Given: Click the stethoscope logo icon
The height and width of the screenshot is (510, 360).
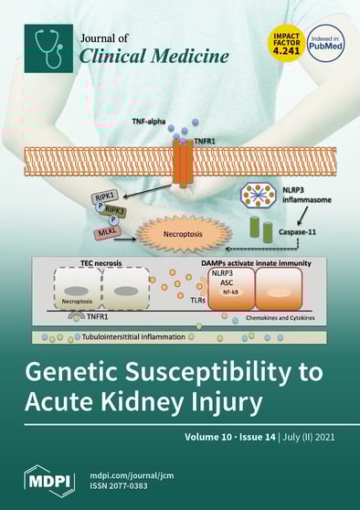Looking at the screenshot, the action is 48,48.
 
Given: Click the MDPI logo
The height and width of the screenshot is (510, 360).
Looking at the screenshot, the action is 51,477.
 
